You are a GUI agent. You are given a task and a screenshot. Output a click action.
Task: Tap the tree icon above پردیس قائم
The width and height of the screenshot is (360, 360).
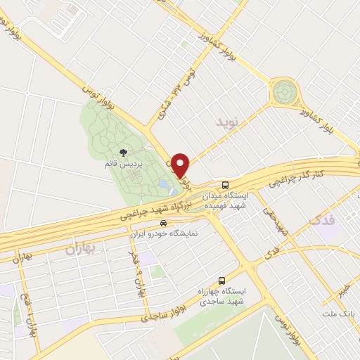pyautogui.click(x=124, y=152)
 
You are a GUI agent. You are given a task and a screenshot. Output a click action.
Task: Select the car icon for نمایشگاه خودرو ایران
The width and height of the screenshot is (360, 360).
pyautogui.click(x=163, y=222)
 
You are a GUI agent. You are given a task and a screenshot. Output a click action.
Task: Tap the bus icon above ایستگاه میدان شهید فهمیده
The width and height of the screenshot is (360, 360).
pyautogui.click(x=224, y=184)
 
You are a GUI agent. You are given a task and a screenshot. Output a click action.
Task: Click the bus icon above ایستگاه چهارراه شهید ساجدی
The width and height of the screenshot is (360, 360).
pyautogui.click(x=221, y=280)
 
